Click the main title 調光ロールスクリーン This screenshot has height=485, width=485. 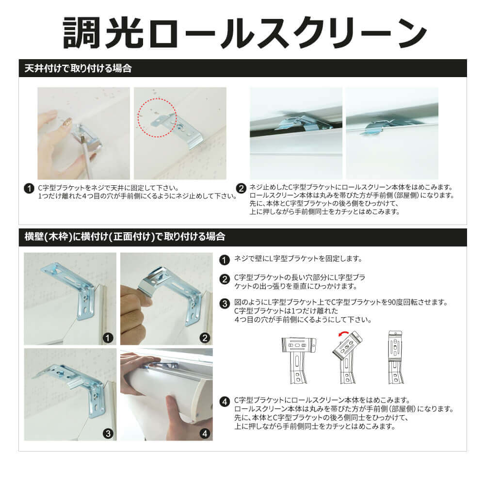(x=244, y=32)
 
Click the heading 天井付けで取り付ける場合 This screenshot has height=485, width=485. (x=78, y=68)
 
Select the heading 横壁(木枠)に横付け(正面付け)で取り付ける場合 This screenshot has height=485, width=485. (x=125, y=237)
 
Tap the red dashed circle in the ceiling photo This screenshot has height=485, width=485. (x=157, y=118)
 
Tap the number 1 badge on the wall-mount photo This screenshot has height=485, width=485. (x=108, y=338)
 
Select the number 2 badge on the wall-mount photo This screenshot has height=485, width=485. (x=205, y=338)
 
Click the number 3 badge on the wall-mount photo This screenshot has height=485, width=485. (x=108, y=434)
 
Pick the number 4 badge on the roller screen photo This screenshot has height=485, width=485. (x=205, y=434)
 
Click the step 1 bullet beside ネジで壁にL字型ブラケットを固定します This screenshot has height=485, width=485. (x=225, y=259)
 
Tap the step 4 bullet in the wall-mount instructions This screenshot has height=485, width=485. (x=225, y=402)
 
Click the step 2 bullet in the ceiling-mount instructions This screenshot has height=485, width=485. (x=241, y=188)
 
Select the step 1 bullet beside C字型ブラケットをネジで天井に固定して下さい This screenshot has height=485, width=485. (x=29, y=188)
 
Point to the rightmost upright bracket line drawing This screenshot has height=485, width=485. (x=396, y=357)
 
